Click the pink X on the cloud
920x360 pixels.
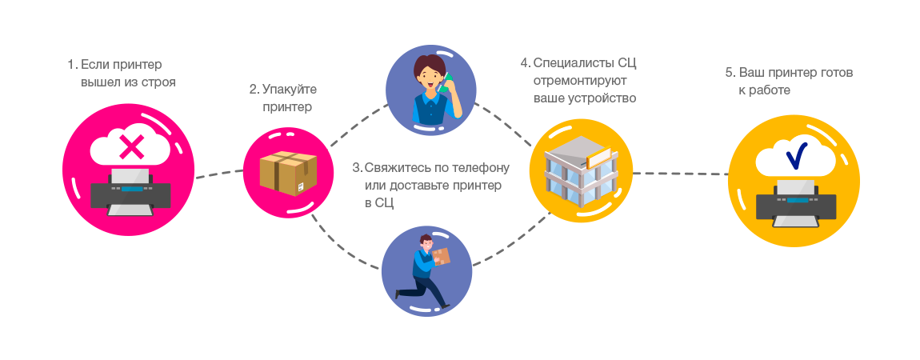pyautogui.click(x=131, y=147)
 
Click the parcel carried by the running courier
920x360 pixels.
pyautogui.click(x=441, y=256)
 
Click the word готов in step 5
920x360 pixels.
pyautogui.click(x=836, y=73)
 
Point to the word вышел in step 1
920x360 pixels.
pyautogui.click(x=98, y=82)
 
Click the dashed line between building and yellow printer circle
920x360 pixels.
pyautogui.click(x=680, y=174)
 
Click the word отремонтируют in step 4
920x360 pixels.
pyautogui.click(x=579, y=81)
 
